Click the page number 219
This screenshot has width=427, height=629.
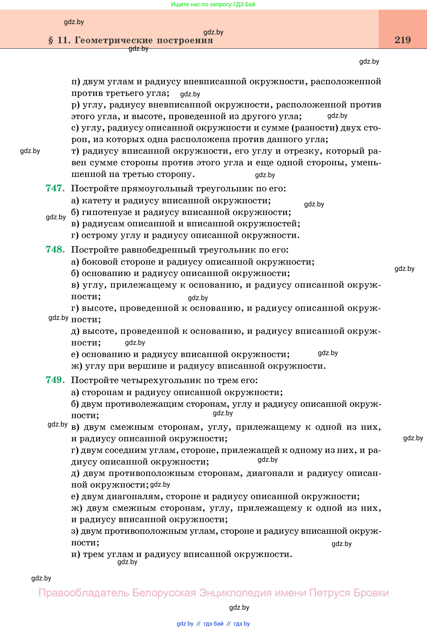coord(403,40)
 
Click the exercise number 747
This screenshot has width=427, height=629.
coord(55,188)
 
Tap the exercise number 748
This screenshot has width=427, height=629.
coord(55,249)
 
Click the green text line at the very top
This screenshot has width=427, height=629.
coord(213,4)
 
